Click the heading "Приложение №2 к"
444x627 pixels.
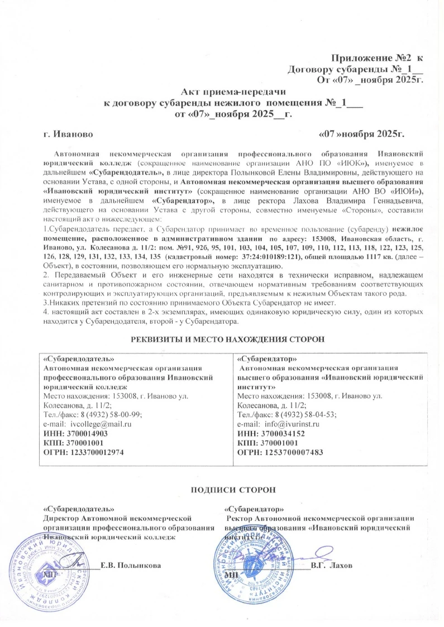click(x=378, y=58)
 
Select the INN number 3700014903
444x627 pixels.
click(x=87, y=433)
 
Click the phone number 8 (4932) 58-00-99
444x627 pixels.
click(x=111, y=414)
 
